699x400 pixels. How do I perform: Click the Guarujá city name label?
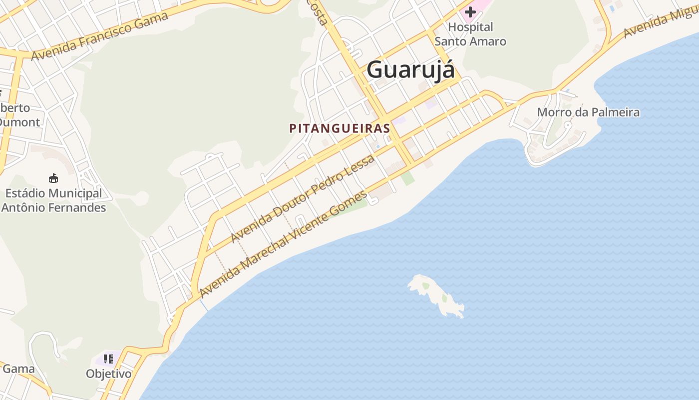click(x=410, y=69)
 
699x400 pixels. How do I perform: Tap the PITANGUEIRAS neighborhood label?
click(x=340, y=128)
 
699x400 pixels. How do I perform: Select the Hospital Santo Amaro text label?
click(x=470, y=34)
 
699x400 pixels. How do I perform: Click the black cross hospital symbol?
click(x=470, y=11)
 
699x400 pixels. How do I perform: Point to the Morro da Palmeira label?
click(x=588, y=112)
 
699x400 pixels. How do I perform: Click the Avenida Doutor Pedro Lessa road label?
click(x=303, y=199)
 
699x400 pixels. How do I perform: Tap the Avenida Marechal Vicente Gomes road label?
click(x=283, y=243)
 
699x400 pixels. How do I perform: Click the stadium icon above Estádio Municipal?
click(x=53, y=178)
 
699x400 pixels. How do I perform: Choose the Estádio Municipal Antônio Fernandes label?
click(x=53, y=200)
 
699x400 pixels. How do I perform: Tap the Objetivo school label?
click(x=108, y=373)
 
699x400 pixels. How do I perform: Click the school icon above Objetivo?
click(x=108, y=358)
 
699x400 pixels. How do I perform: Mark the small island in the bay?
click(x=437, y=295)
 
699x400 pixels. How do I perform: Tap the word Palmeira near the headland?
click(x=615, y=112)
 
